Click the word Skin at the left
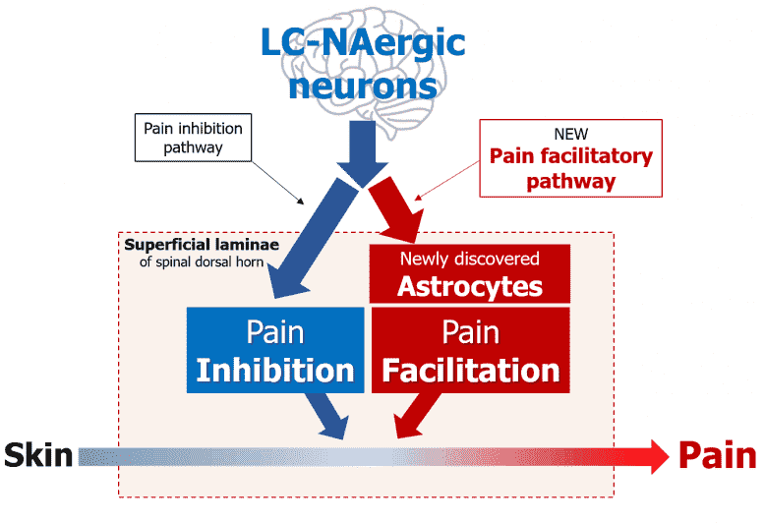[x=38, y=456]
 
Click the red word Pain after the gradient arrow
[x=717, y=456]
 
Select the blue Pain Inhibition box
[x=275, y=350]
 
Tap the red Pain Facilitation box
[x=471, y=350]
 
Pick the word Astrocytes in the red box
[x=470, y=286]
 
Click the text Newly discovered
[x=470, y=260]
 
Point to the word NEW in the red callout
[x=571, y=134]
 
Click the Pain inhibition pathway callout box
[x=193, y=138]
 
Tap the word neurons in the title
[x=363, y=86]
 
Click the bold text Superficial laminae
[x=202, y=245]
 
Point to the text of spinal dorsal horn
[x=202, y=261]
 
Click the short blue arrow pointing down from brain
[x=363, y=153]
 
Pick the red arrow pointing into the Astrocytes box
[x=395, y=209]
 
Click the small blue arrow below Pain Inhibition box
[x=327, y=415]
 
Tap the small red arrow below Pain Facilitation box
[x=417, y=415]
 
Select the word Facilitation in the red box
[x=471, y=371]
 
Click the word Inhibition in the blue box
[x=275, y=371]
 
